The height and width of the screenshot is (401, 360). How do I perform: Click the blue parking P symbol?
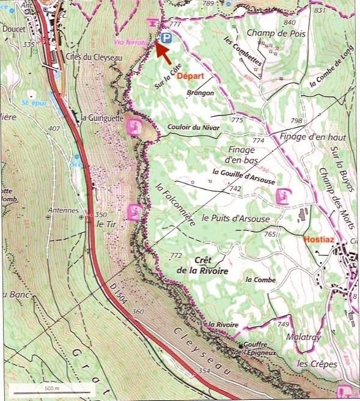pyautogui.click(x=166, y=39)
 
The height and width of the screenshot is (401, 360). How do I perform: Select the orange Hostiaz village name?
pyautogui.click(x=317, y=239)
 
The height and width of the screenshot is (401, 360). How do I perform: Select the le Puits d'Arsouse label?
pyautogui.click(x=235, y=218)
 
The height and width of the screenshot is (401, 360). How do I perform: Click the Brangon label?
pyautogui.click(x=201, y=93)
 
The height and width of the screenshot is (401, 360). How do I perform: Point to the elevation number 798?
pyautogui.click(x=298, y=120)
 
